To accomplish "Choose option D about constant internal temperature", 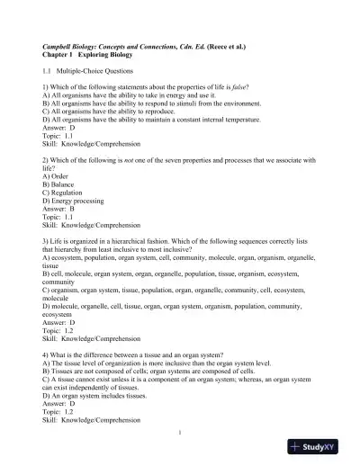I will point(151,119).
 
